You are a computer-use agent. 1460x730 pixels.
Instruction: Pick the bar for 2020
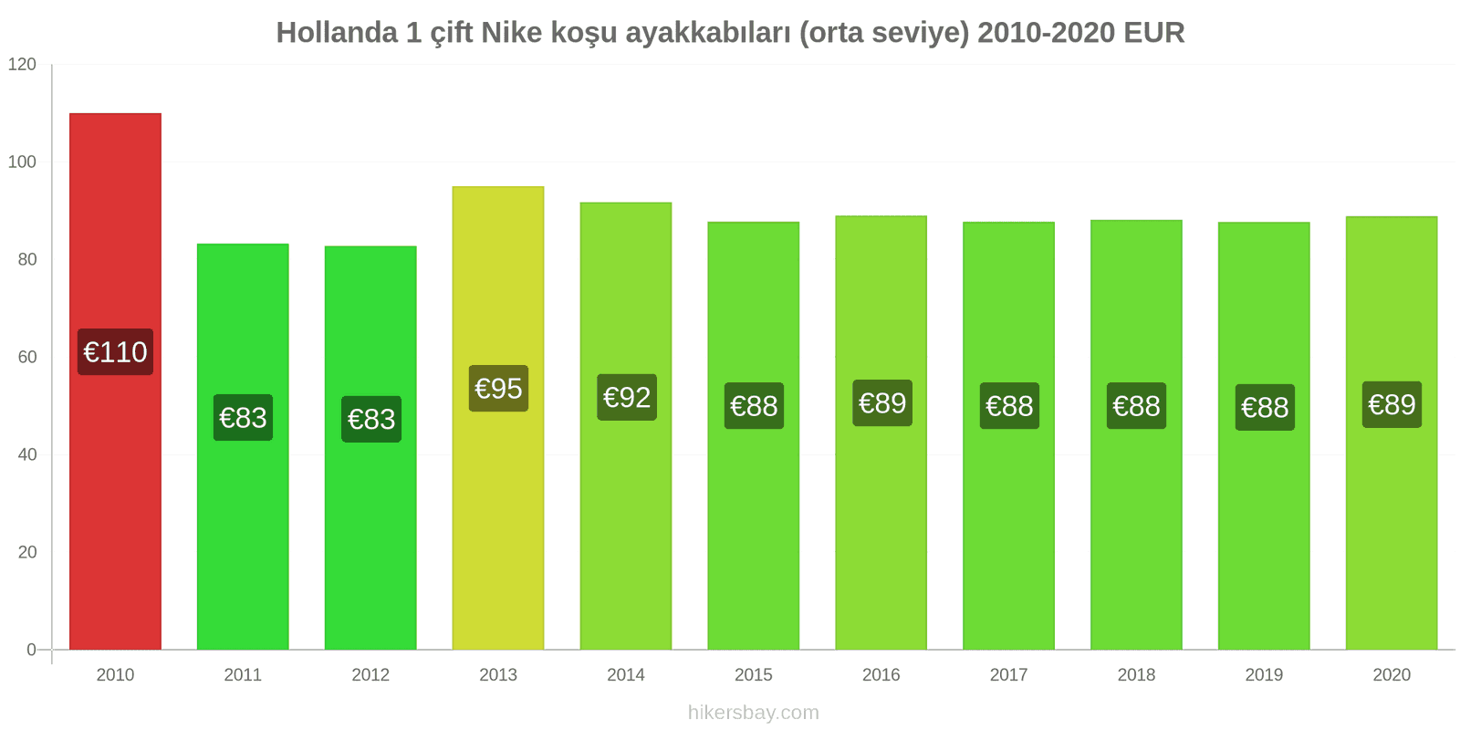[x=1391, y=529]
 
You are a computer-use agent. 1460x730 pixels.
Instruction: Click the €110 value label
[x=115, y=352]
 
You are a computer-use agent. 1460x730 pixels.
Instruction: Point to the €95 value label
[x=498, y=389]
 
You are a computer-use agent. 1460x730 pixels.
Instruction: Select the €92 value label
[x=626, y=398]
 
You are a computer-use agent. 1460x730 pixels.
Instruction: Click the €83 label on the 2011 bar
[x=243, y=418]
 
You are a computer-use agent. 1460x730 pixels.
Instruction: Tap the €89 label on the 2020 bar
[x=1392, y=404]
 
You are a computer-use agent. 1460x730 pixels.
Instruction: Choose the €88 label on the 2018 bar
[x=1136, y=406]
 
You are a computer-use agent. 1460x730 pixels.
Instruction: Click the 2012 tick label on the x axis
[x=370, y=675]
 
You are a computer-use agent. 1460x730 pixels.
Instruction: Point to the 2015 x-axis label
[x=753, y=675]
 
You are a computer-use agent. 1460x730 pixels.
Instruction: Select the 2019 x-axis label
[x=1264, y=675]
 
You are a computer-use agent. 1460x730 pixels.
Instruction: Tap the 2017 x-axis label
[x=1008, y=675]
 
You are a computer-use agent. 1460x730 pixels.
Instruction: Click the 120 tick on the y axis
[x=22, y=65]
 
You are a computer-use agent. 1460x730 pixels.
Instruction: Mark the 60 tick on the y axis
[x=27, y=358]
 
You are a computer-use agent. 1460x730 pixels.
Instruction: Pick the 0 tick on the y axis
[x=32, y=651]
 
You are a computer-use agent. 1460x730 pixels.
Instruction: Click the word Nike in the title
[x=511, y=33]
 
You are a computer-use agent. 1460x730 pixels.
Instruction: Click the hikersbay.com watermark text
[x=753, y=713]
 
